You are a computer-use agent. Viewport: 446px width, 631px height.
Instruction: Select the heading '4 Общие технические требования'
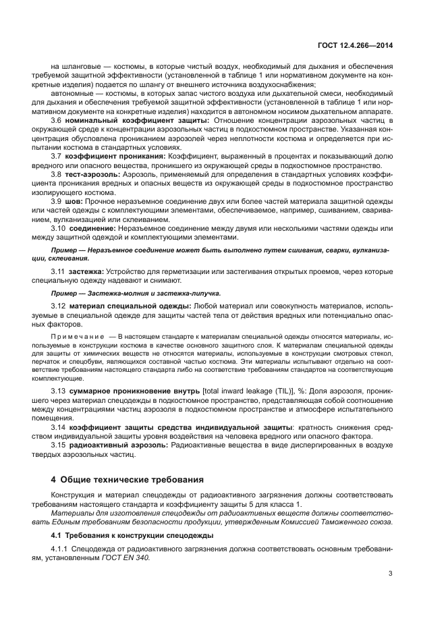pos(127,480)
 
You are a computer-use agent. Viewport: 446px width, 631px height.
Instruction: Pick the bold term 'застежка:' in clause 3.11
pos(86,271)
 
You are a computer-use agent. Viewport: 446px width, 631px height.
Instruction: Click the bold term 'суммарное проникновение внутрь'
pos(134,391)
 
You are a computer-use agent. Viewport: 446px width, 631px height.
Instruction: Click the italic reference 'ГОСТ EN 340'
pos(126,558)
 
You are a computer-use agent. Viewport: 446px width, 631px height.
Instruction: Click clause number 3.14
pos(58,427)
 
